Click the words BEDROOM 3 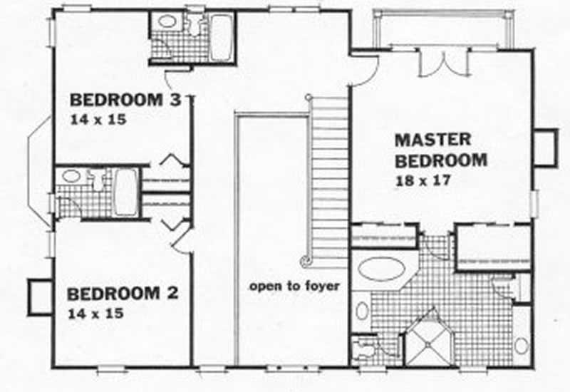click(x=125, y=99)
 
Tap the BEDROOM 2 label click(x=123, y=293)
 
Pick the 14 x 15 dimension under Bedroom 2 click(x=96, y=313)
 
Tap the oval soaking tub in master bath click(x=380, y=269)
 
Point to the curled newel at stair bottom click(x=305, y=260)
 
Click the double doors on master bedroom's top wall click(x=442, y=63)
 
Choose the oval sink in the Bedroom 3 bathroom click(x=167, y=21)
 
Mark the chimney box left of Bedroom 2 click(x=37, y=296)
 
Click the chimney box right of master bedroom click(x=545, y=146)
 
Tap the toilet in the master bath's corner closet click(x=364, y=348)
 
